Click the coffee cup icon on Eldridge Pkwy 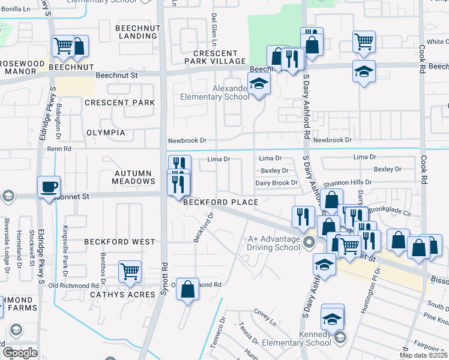point(49,186)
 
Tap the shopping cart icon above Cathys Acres point(130,271)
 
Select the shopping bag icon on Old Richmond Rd point(188,289)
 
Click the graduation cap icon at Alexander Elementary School point(259,84)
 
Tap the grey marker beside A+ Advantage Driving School point(309,242)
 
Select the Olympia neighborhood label point(106,133)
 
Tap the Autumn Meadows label point(134,176)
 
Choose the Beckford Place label point(221,202)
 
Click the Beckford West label point(119,242)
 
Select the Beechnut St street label point(117,76)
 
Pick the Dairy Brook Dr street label point(276,183)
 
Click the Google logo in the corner point(20,353)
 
